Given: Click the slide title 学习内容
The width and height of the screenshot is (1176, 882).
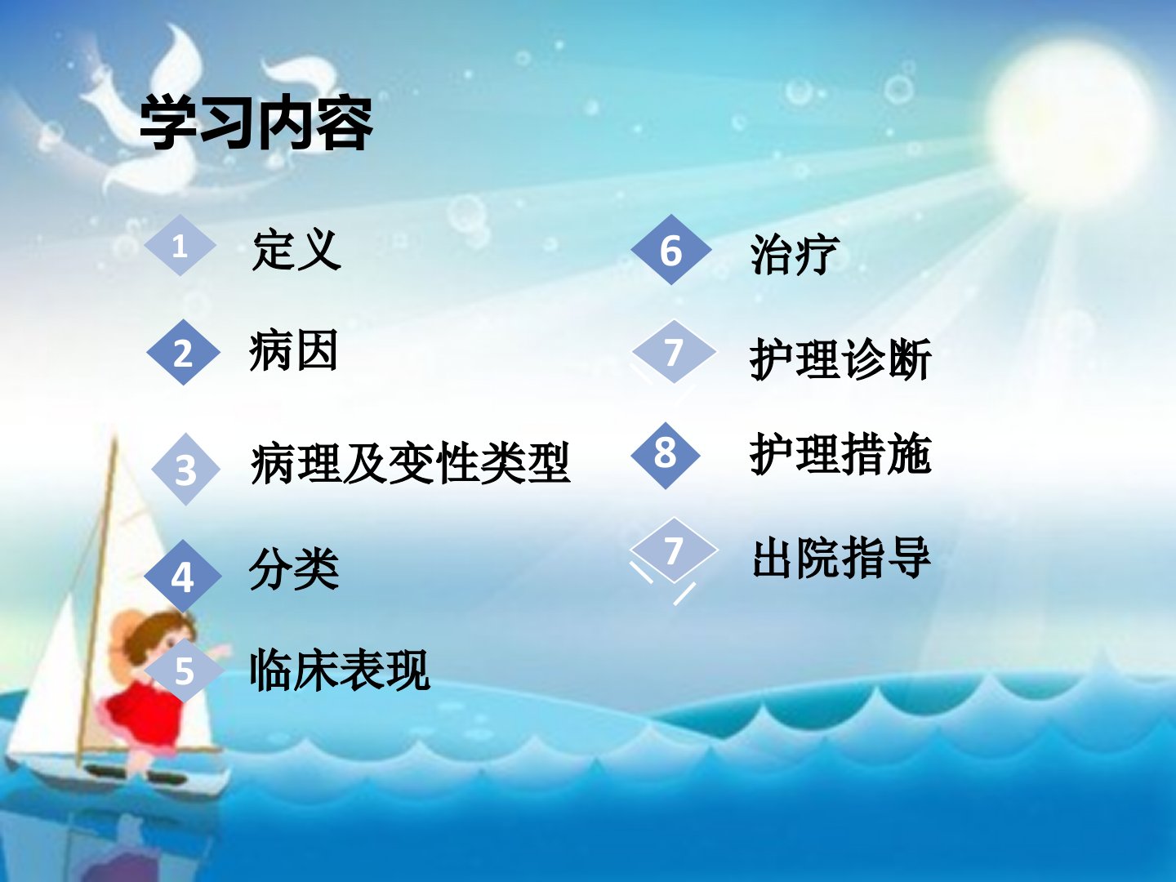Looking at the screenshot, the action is (x=256, y=123).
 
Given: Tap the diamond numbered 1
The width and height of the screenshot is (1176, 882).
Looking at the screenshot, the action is (x=180, y=246).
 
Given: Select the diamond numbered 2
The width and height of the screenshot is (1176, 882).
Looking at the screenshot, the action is (x=183, y=352).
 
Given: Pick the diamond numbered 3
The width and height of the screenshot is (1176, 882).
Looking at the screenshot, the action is (x=185, y=469).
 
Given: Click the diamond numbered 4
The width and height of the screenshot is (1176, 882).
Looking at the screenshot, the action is (x=183, y=577).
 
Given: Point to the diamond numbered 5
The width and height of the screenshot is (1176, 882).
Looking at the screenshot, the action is (x=184, y=670).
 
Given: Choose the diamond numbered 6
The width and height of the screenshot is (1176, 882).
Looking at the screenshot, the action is (x=670, y=250).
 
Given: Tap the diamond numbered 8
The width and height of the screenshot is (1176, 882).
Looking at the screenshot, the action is (x=666, y=455).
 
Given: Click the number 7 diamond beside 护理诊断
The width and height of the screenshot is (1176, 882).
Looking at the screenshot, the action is (x=674, y=352).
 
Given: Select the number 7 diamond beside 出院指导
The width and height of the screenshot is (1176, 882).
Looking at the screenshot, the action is (x=674, y=550).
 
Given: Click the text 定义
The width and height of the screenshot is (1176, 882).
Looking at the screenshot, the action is (x=296, y=250).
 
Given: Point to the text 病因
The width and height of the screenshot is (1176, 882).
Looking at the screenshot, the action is (x=293, y=350).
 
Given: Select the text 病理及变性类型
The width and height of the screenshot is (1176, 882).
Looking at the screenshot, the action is (x=410, y=464).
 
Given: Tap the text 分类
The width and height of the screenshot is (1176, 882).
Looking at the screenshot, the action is (x=294, y=568).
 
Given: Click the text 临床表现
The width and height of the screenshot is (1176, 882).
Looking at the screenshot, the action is (x=340, y=670).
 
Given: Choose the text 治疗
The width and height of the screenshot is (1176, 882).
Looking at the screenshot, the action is (x=795, y=254).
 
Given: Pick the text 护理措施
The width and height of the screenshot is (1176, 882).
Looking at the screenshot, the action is (x=840, y=454).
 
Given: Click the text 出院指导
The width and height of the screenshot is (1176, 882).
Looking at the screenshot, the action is (x=841, y=558).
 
